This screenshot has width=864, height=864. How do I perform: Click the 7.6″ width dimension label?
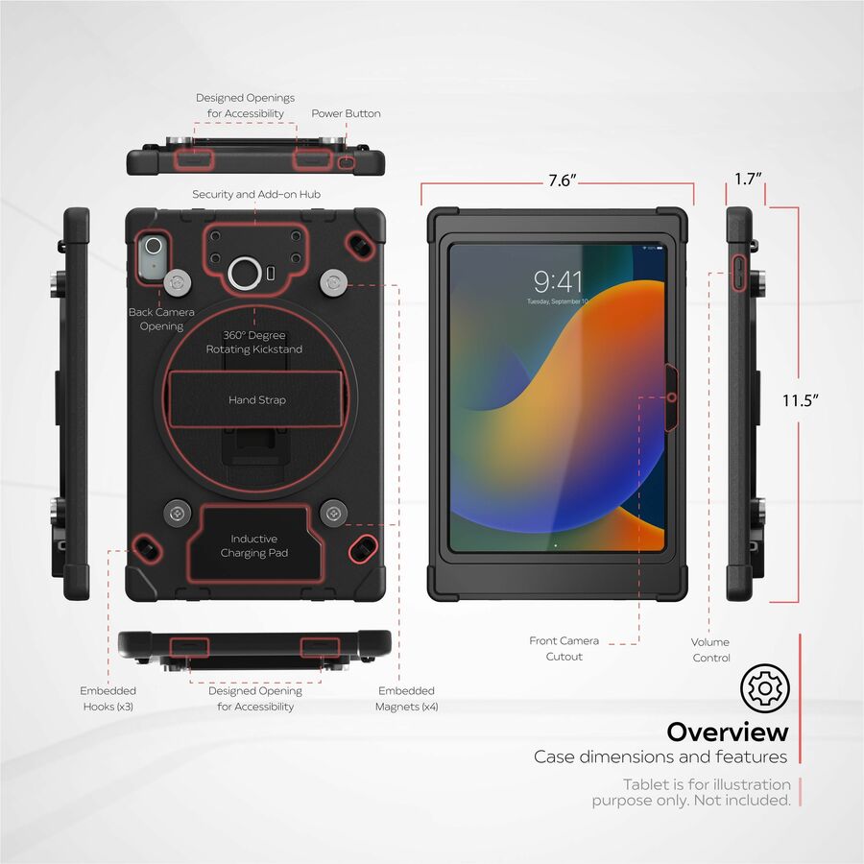[562, 180]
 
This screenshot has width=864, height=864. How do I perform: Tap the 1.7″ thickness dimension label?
[748, 179]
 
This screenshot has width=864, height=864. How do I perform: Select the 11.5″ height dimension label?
[800, 400]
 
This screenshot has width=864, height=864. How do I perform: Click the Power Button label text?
[346, 113]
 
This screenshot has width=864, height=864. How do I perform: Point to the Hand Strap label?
[257, 400]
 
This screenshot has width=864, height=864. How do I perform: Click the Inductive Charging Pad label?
[254, 545]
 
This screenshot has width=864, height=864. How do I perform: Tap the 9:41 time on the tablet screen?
[558, 282]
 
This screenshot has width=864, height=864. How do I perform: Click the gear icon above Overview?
[765, 688]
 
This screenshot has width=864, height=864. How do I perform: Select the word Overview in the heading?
[728, 732]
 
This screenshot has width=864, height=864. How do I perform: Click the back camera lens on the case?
[154, 246]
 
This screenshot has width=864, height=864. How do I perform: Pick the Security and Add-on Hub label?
[256, 194]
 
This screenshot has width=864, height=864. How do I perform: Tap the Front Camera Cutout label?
[564, 649]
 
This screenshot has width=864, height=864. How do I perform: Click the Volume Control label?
[710, 650]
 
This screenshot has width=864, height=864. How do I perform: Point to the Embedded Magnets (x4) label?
[407, 699]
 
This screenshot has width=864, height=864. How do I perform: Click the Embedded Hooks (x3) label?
[108, 699]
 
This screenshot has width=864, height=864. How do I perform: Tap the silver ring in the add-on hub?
[245, 274]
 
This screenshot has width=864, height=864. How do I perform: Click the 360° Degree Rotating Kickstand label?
[254, 342]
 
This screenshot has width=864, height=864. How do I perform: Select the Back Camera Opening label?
[161, 319]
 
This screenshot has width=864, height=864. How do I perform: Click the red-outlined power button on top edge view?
[346, 163]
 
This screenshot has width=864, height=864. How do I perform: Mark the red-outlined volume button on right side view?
[739, 273]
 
